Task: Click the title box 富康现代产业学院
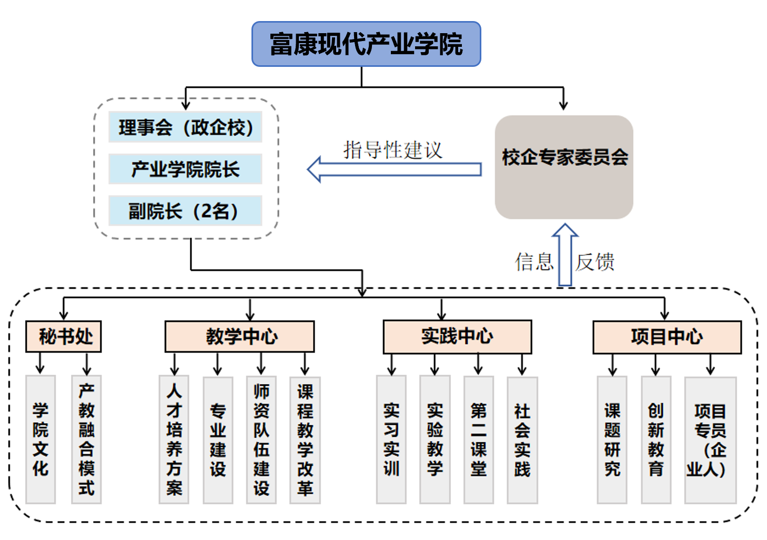click(x=366, y=44)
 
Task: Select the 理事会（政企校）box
click(x=185, y=127)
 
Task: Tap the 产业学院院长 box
click(x=185, y=169)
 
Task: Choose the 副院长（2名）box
click(x=185, y=211)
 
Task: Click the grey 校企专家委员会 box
click(x=564, y=167)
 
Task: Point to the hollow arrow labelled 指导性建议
click(x=394, y=169)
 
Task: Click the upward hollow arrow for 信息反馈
click(x=565, y=255)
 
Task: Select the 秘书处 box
click(x=64, y=336)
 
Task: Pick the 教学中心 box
click(x=239, y=336)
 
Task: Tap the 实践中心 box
click(x=457, y=336)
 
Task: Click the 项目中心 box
click(x=667, y=337)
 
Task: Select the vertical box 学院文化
click(x=41, y=439)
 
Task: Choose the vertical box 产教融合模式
click(x=86, y=439)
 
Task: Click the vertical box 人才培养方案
click(x=174, y=439)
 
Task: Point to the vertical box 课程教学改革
click(x=305, y=439)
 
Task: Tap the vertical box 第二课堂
click(x=478, y=439)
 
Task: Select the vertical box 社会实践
click(x=522, y=439)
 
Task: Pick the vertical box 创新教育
click(x=655, y=439)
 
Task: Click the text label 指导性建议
click(x=393, y=150)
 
